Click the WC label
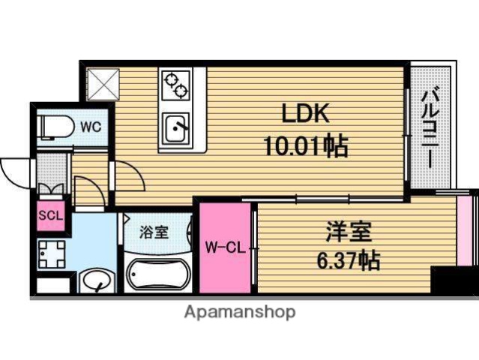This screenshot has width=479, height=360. click(91, 127)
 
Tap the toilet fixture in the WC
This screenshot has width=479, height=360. click(55, 126)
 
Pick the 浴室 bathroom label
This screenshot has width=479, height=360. click(155, 231)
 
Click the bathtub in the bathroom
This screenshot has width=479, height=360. click(156, 274)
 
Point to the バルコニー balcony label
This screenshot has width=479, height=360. click(431, 127)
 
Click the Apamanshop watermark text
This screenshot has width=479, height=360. click(239, 312)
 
